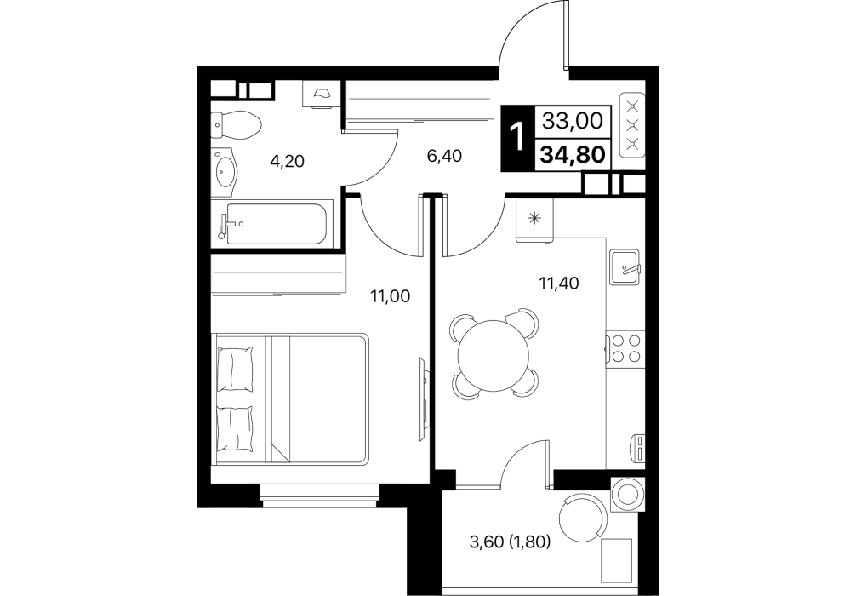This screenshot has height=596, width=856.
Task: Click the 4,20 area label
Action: tap(287, 162)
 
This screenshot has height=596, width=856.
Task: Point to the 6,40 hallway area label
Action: tap(444, 157)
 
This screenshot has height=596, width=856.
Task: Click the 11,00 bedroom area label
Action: tap(390, 296)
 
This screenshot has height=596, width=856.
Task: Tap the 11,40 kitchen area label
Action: tap(559, 283)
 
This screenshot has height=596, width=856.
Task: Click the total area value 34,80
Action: tap(573, 155)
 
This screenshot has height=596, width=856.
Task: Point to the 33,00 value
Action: tap(573, 120)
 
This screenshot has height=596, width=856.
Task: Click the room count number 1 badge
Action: tap(516, 136)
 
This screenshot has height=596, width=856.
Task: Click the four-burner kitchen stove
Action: tap(625, 348)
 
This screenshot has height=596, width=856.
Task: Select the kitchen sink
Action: tap(625, 266)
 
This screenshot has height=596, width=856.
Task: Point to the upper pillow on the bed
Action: tap(236, 370)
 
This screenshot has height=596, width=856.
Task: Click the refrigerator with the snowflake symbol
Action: tap(535, 220)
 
